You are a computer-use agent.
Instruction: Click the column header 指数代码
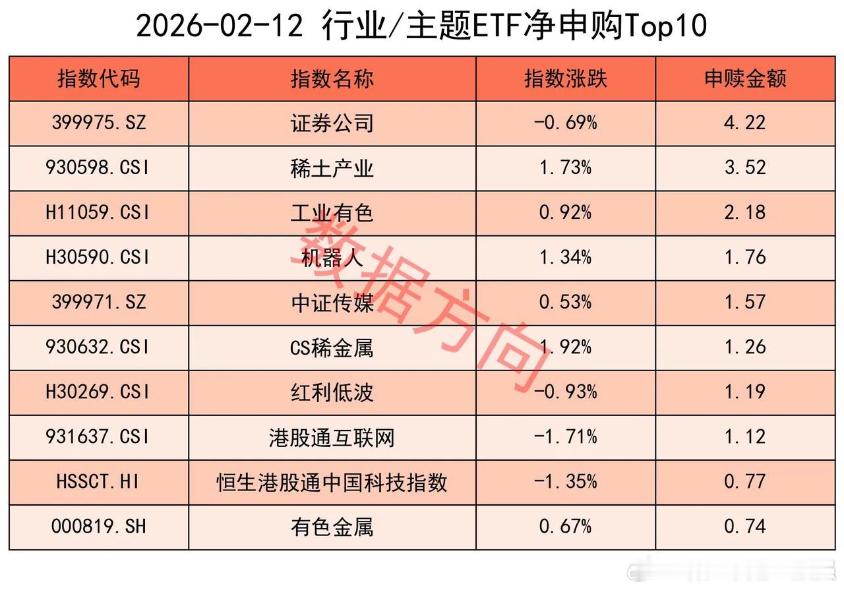(x=99, y=79)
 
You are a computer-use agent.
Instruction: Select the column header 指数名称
(x=332, y=79)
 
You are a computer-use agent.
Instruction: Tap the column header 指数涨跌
(x=565, y=79)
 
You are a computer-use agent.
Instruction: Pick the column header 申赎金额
(x=745, y=79)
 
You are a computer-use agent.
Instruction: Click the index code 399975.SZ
(x=99, y=123)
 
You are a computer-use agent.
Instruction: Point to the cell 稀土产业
(x=332, y=168)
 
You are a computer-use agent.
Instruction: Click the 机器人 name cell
(x=332, y=258)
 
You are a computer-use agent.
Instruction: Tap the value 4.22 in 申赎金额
(x=745, y=123)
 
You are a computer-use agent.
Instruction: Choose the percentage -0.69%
(x=565, y=123)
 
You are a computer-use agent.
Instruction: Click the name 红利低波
(x=332, y=392)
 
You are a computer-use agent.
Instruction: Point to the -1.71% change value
(x=565, y=437)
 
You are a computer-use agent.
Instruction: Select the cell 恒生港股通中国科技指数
(x=332, y=482)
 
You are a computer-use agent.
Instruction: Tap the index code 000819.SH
(x=99, y=527)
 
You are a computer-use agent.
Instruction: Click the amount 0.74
(x=745, y=527)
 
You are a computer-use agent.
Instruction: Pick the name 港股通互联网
(x=332, y=437)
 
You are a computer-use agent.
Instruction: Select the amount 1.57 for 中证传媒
(x=745, y=303)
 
